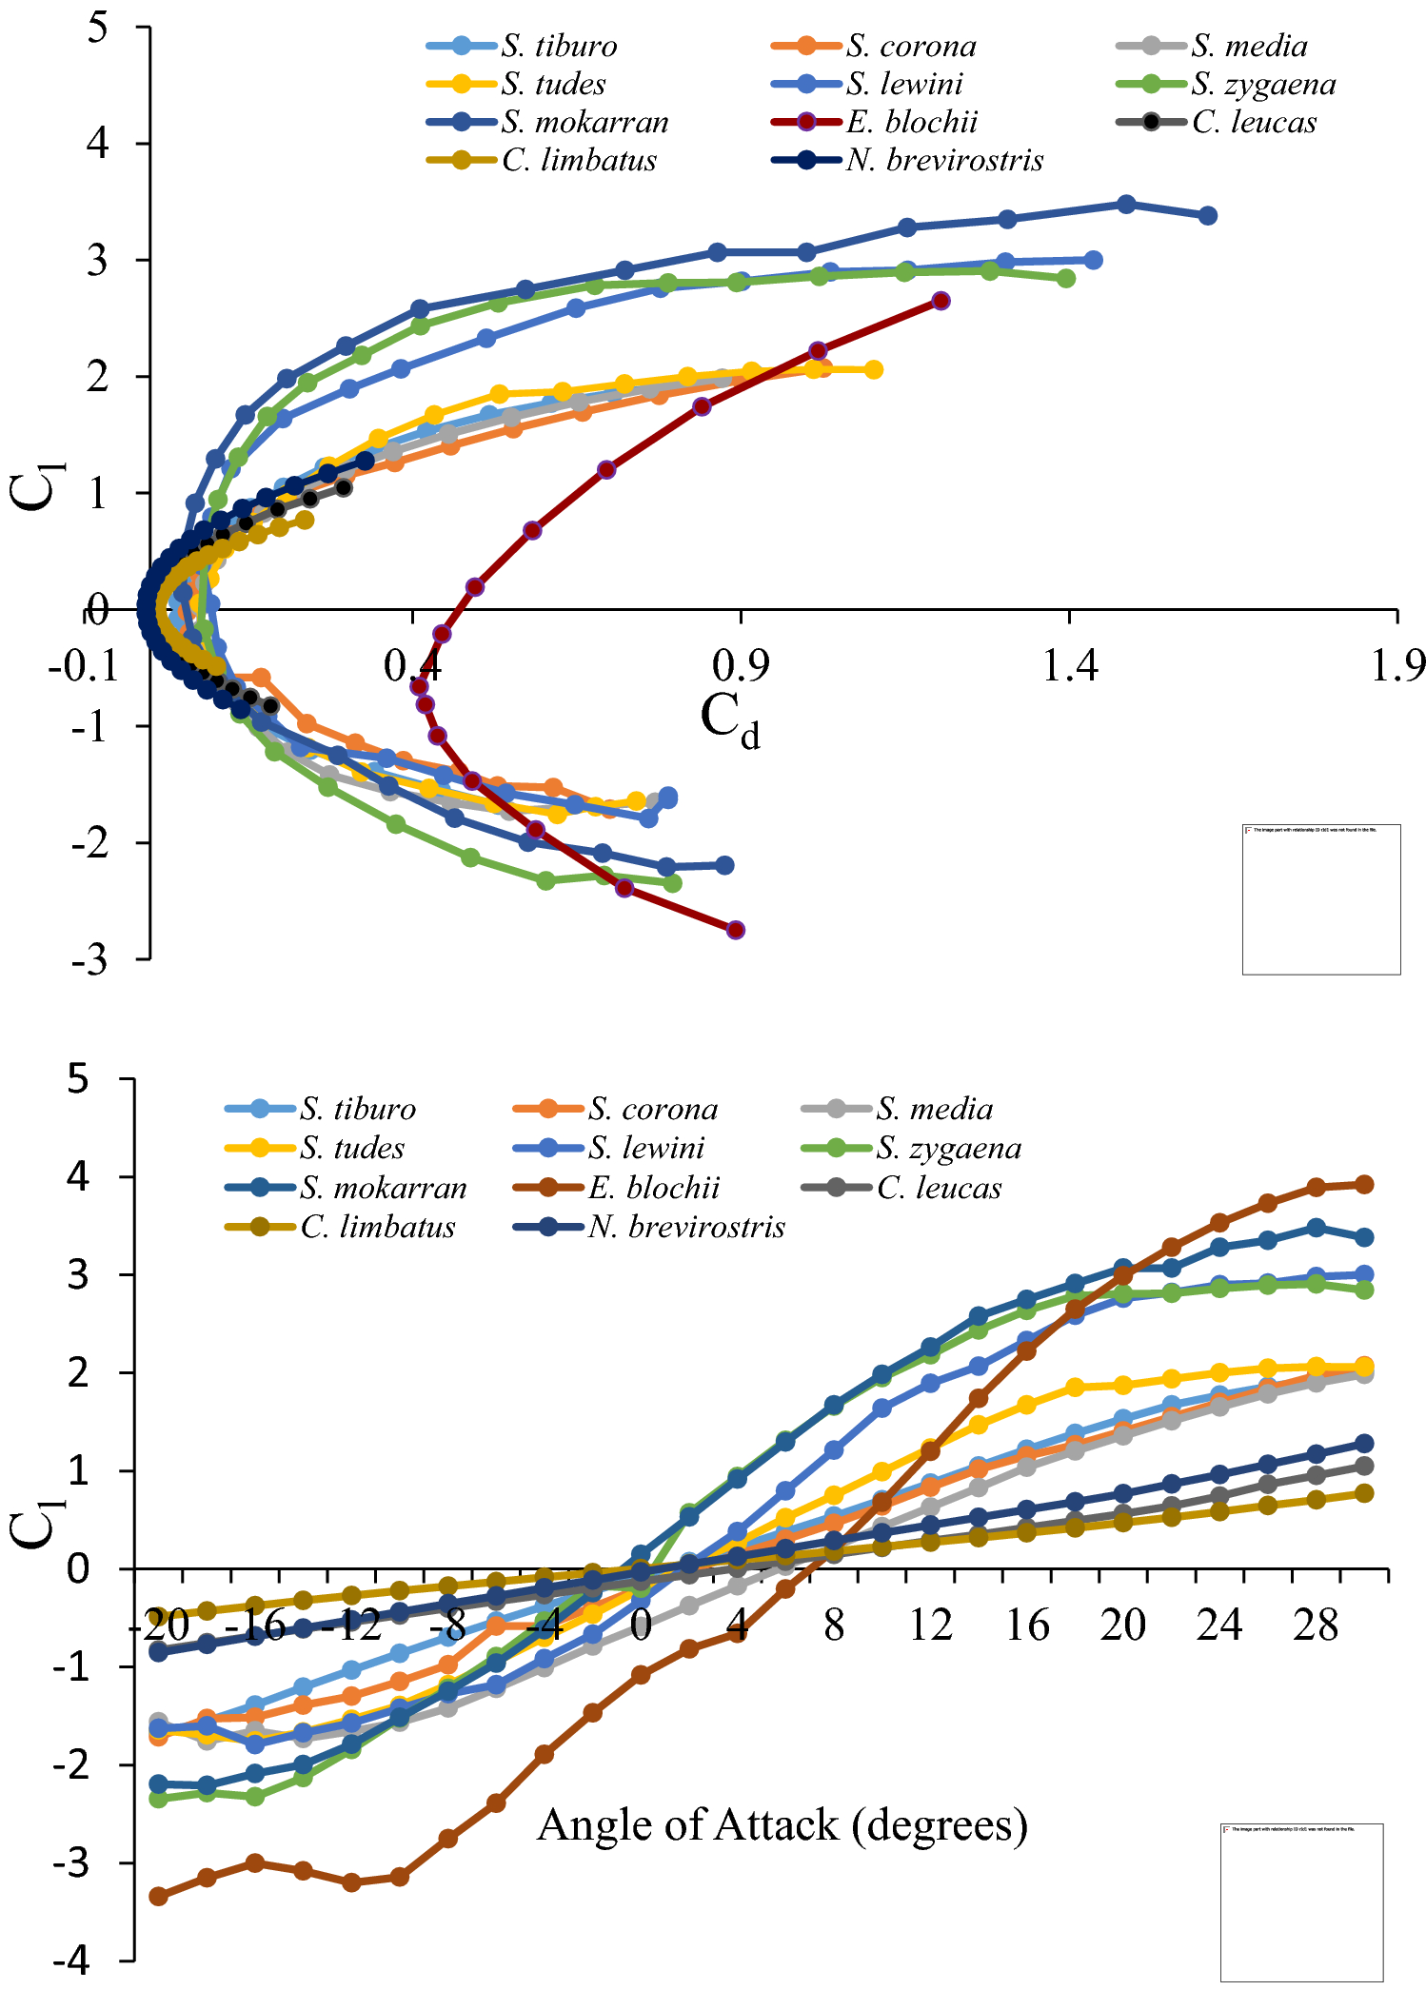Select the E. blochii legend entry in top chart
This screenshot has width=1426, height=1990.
click(911, 122)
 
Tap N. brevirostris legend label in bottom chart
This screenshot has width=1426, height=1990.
click(685, 1227)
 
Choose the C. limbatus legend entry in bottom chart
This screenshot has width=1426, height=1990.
click(377, 1227)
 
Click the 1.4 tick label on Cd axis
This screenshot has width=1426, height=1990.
click(1070, 666)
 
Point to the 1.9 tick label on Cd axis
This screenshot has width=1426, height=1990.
click(1397, 666)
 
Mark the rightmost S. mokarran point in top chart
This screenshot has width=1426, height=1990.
click(1207, 216)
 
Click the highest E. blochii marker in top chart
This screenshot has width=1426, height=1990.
click(941, 301)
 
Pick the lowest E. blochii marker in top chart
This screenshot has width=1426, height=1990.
click(735, 930)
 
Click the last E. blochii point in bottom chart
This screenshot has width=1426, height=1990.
click(1363, 1184)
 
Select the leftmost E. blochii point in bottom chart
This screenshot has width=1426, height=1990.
click(159, 1896)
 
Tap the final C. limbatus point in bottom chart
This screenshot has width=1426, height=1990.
click(1363, 1493)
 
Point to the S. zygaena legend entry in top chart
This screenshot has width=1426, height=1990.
click(1262, 84)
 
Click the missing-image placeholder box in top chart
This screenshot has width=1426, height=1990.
click(1320, 898)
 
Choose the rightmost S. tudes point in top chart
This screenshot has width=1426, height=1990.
click(873, 369)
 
